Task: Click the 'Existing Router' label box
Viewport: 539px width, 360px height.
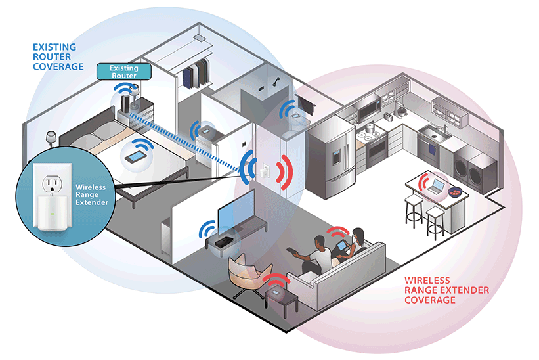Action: [x=123, y=72]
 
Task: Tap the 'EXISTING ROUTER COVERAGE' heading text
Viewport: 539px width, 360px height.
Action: [x=58, y=57]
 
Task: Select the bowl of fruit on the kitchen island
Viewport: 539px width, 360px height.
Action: [x=455, y=191]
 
